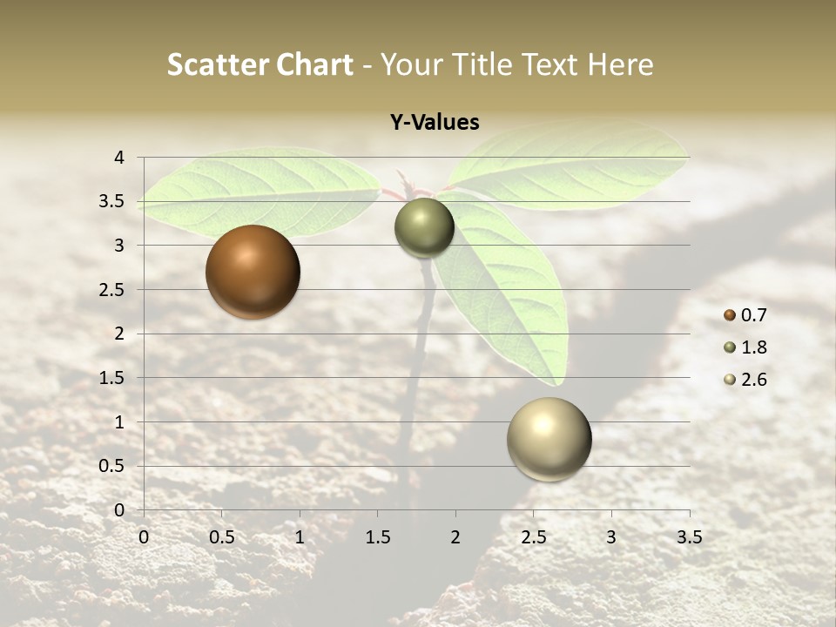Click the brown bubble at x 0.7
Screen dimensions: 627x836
click(x=253, y=272)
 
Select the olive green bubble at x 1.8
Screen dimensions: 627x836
click(x=424, y=227)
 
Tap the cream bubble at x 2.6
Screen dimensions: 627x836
click(x=549, y=439)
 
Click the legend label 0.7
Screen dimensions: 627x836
click(x=753, y=315)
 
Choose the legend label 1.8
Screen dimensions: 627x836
click(x=753, y=347)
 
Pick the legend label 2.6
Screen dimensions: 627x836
click(x=753, y=380)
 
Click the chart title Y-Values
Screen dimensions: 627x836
click(x=434, y=123)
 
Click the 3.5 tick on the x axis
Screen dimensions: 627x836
click(x=689, y=537)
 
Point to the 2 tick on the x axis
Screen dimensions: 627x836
click(x=455, y=537)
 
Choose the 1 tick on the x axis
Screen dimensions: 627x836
click(x=300, y=537)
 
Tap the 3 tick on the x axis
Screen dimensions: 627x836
click(x=611, y=537)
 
